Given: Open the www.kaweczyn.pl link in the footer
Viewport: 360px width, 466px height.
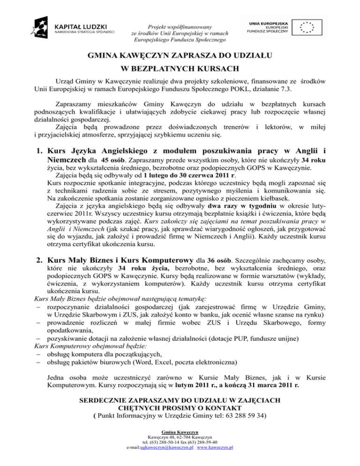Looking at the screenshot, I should (x=216, y=447).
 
